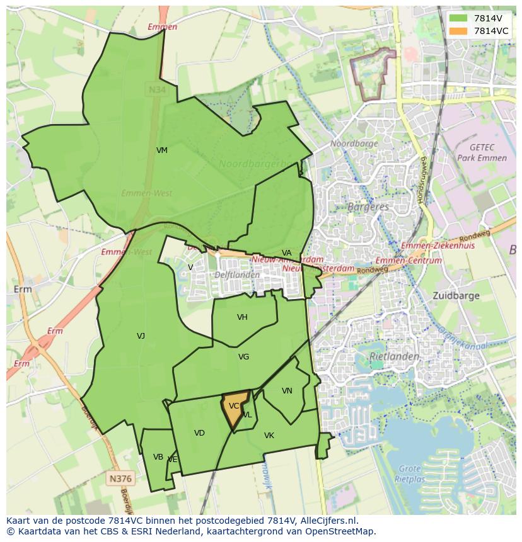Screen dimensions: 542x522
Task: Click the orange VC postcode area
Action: (x=234, y=409)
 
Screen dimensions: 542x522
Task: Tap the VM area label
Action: (x=162, y=150)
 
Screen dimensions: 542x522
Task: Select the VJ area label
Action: (x=141, y=336)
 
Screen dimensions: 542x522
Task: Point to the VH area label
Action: (x=242, y=317)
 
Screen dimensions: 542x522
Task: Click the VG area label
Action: (x=243, y=357)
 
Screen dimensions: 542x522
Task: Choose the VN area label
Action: (x=287, y=391)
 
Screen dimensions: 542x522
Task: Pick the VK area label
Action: (x=269, y=436)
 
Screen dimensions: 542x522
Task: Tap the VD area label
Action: (x=199, y=433)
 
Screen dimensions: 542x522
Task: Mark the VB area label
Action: (x=158, y=457)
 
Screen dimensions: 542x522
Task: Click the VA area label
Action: (x=287, y=253)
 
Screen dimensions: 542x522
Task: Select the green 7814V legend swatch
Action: (x=459, y=18)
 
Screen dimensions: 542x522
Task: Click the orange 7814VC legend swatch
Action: (x=459, y=31)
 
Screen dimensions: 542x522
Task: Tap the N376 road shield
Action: (x=120, y=478)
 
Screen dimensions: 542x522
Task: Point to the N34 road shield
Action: (x=157, y=90)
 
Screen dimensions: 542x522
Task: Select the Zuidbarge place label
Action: (x=456, y=295)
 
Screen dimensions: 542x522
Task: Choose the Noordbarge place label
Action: (x=354, y=144)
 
